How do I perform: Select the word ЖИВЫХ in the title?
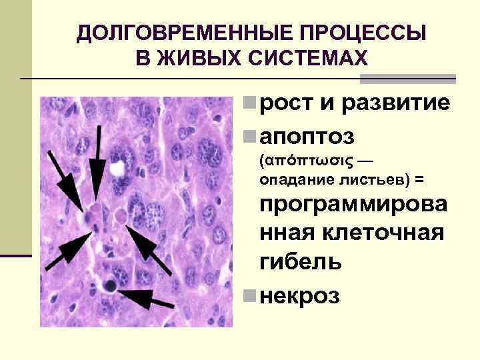point(185,59)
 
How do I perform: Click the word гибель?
point(301,261)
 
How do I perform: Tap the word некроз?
point(301,293)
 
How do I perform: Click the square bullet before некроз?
point(248,294)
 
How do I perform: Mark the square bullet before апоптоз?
point(248,137)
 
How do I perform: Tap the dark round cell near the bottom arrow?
point(108,286)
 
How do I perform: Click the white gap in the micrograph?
point(119,168)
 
